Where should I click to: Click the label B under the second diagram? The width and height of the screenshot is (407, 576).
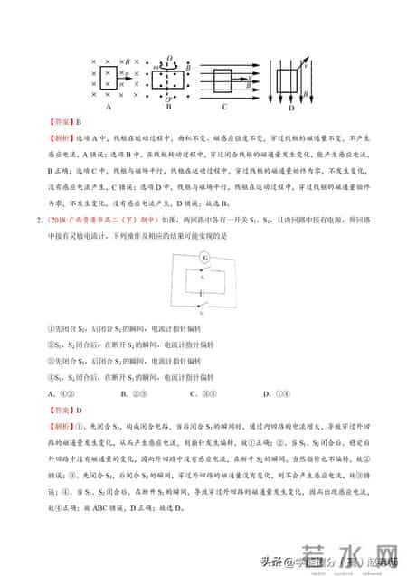coord(166,105)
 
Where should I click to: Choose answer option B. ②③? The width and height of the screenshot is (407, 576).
coord(147,393)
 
